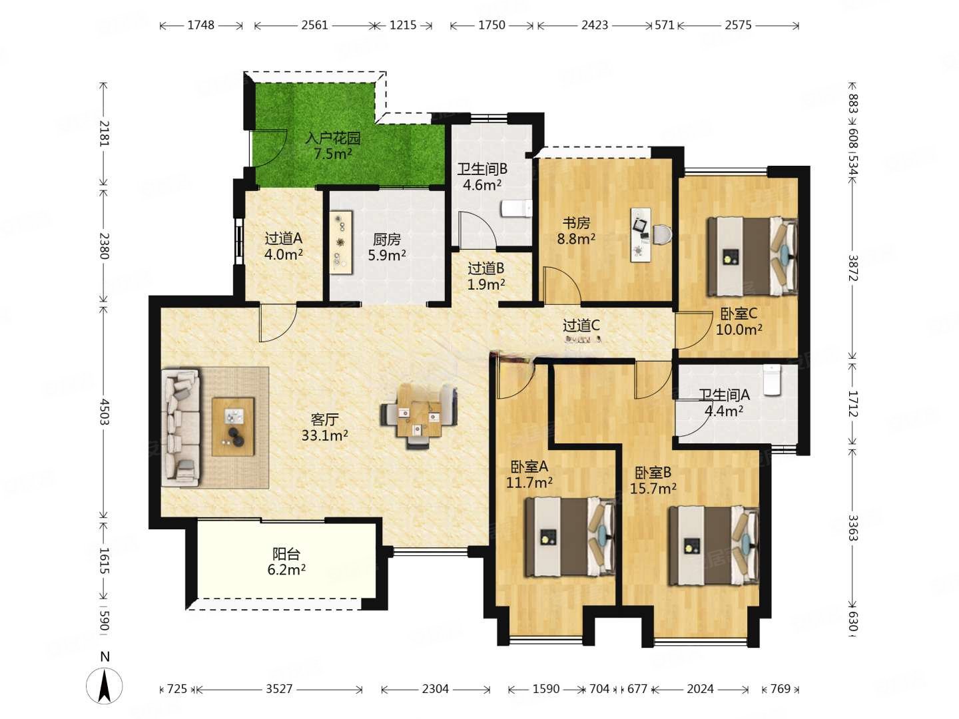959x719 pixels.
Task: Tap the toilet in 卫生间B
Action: click(516, 208)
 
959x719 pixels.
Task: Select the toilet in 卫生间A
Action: click(772, 380)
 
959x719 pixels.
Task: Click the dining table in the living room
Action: click(419, 415)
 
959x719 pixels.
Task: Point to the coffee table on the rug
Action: click(233, 427)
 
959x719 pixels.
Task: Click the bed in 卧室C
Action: click(752, 256)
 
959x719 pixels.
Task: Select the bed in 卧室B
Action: click(713, 545)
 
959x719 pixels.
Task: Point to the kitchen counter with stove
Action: click(341, 242)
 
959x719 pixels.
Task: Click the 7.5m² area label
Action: click(333, 154)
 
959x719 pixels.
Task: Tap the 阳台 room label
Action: click(286, 554)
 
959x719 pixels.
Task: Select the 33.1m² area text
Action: click(324, 435)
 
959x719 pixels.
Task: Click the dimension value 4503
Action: click(105, 411)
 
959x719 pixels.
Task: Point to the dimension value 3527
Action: click(279, 689)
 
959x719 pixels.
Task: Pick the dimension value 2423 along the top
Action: click(595, 25)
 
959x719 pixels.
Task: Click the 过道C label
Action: click(581, 326)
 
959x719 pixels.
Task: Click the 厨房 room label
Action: click(387, 239)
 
